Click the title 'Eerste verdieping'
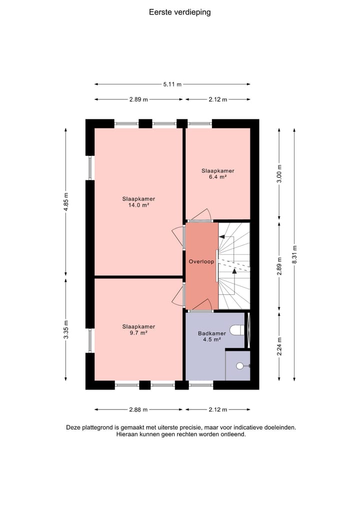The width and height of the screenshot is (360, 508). click(179, 12)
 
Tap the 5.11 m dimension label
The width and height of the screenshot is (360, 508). click(172, 84)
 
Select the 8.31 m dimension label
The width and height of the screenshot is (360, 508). click(295, 253)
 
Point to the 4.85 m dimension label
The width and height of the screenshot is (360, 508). click(66, 202)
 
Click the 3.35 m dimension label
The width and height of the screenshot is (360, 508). click(66, 330)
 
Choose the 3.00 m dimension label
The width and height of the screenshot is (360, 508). click(279, 174)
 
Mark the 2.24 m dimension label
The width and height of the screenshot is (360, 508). click(279, 346)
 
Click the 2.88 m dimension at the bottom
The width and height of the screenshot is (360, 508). click(138, 410)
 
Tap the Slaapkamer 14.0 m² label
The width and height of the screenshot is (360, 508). click(138, 202)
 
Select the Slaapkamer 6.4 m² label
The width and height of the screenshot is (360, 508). click(217, 174)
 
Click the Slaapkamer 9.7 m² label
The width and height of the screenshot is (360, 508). click(138, 330)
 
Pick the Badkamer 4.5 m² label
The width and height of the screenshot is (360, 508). click(212, 336)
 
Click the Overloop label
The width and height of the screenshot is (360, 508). click(201, 262)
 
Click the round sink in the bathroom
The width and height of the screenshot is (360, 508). click(240, 366)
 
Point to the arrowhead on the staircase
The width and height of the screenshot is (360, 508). click(234, 271)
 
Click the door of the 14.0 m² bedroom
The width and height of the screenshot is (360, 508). click(178, 237)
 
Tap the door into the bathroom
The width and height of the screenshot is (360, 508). click(201, 305)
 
